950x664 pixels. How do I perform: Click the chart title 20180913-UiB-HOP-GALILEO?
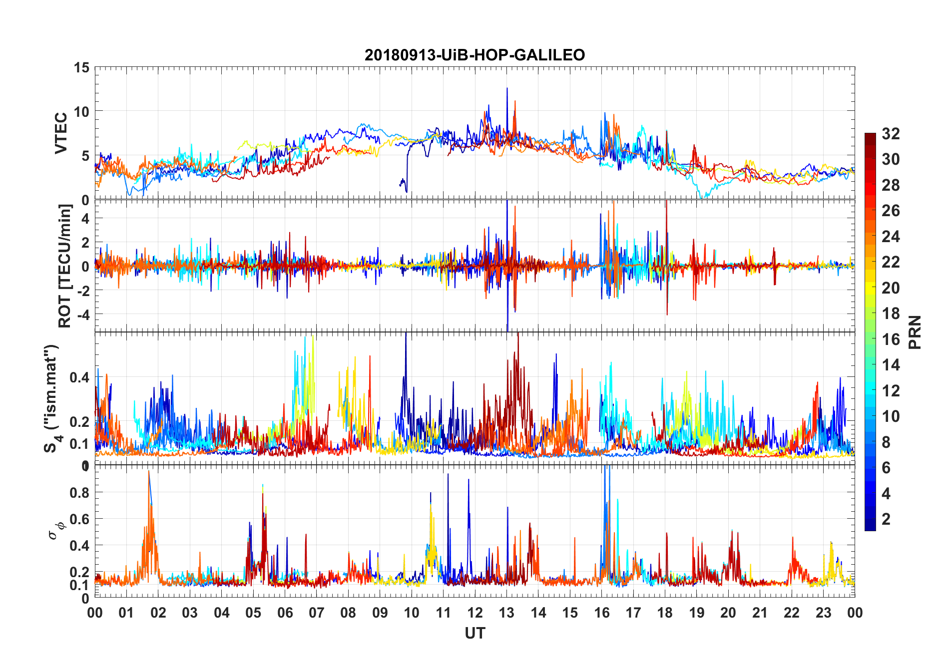tap(475, 55)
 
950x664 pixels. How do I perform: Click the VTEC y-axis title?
tap(61, 133)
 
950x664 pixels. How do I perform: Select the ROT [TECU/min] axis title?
tap(65, 266)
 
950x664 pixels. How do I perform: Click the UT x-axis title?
tap(475, 633)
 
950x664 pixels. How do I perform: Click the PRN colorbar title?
tap(915, 332)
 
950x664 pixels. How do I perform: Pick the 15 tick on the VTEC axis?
tap(81, 67)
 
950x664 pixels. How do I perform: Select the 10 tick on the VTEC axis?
tap(81, 111)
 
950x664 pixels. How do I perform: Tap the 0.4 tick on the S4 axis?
tap(79, 377)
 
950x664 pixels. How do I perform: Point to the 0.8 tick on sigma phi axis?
tap(79, 492)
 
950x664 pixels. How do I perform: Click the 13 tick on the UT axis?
tap(506, 613)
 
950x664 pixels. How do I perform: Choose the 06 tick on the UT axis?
tap(285, 613)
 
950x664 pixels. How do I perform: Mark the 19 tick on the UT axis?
tap(696, 613)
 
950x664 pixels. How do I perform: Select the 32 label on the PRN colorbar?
tap(891, 134)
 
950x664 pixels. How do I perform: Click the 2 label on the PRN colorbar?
tap(886, 519)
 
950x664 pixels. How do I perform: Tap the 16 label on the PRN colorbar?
tap(891, 339)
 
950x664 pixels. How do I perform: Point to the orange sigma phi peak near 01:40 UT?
tap(148, 472)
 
